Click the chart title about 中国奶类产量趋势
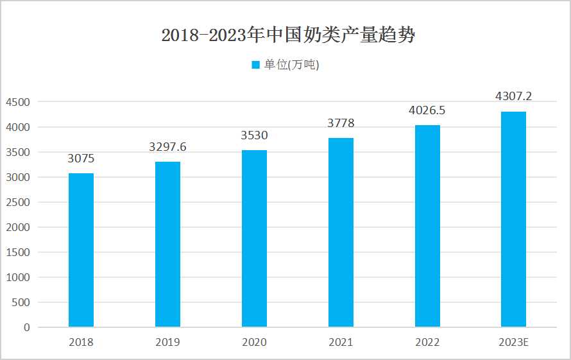[288, 35]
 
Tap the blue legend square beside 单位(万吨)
[255, 65]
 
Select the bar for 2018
[81, 250]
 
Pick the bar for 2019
[167, 244]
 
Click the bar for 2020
[254, 239]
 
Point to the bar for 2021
[341, 232]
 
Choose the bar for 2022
[427, 226]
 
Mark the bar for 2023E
[513, 219]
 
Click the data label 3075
[81, 159]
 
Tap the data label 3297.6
[167, 147]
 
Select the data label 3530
[254, 135]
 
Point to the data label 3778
[341, 123]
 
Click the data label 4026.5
[427, 110]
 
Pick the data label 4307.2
[513, 97]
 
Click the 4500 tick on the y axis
[17, 103]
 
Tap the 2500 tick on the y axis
[17, 203]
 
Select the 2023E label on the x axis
[513, 342]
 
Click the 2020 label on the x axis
[254, 342]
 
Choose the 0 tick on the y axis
[27, 328]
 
